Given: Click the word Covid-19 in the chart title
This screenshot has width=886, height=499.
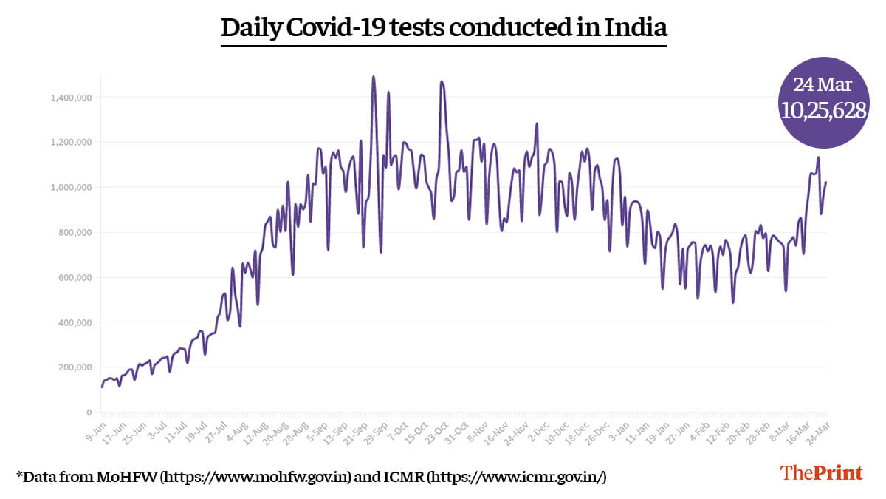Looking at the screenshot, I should (341, 28).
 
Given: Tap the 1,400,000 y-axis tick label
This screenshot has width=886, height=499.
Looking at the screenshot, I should (71, 97).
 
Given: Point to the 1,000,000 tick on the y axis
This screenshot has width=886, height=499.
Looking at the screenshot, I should (71, 187).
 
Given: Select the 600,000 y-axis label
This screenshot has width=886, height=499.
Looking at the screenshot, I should (74, 277).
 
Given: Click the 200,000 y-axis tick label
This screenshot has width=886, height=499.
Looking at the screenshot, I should (74, 367).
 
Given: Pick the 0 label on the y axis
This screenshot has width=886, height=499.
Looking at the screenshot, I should (89, 413).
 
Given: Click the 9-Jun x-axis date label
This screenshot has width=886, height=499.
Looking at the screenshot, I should (94, 429).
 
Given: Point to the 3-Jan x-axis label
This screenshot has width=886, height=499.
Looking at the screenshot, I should (622, 429).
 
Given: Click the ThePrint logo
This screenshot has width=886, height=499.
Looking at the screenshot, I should (822, 473).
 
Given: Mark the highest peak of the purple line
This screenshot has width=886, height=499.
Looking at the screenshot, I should (374, 76).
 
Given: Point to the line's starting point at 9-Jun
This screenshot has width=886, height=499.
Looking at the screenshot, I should (102, 387).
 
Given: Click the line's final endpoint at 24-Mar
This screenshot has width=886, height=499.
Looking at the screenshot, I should (826, 182).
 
